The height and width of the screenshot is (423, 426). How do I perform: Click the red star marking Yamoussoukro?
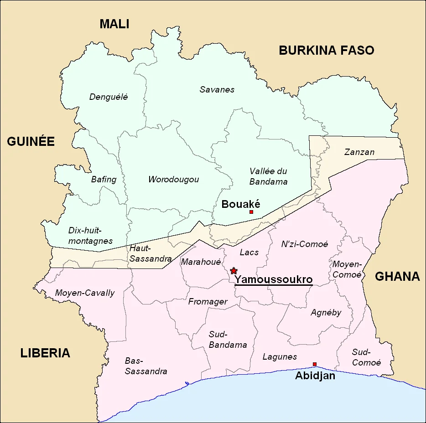point(234,271)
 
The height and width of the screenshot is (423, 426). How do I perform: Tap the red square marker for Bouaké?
point(251,212)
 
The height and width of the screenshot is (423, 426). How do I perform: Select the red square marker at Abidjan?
point(314,364)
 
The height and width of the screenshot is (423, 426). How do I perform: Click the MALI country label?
point(114,24)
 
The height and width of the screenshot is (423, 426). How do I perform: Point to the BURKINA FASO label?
point(326,50)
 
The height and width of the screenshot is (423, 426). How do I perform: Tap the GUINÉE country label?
point(31,142)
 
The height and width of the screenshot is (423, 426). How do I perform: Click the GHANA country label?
point(397,276)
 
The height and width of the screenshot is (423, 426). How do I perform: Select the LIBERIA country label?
point(45,353)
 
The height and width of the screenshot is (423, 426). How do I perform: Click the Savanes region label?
point(217,89)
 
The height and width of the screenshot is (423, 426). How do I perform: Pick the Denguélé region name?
point(109,97)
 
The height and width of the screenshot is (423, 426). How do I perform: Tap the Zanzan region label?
point(359,152)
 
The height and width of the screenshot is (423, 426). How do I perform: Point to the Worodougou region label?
point(173,179)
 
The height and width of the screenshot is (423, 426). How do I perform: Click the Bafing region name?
point(104,179)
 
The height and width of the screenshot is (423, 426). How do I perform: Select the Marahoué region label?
point(201,262)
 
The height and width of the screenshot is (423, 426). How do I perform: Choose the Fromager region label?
point(208,301)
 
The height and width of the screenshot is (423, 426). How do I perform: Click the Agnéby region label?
point(326,312)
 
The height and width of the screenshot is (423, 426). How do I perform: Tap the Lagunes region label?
point(280,356)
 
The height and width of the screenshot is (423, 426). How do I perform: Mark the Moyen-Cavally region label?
point(84,293)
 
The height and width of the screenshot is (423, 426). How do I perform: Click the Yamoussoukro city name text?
point(273,279)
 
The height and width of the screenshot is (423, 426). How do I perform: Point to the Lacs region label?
point(249,252)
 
